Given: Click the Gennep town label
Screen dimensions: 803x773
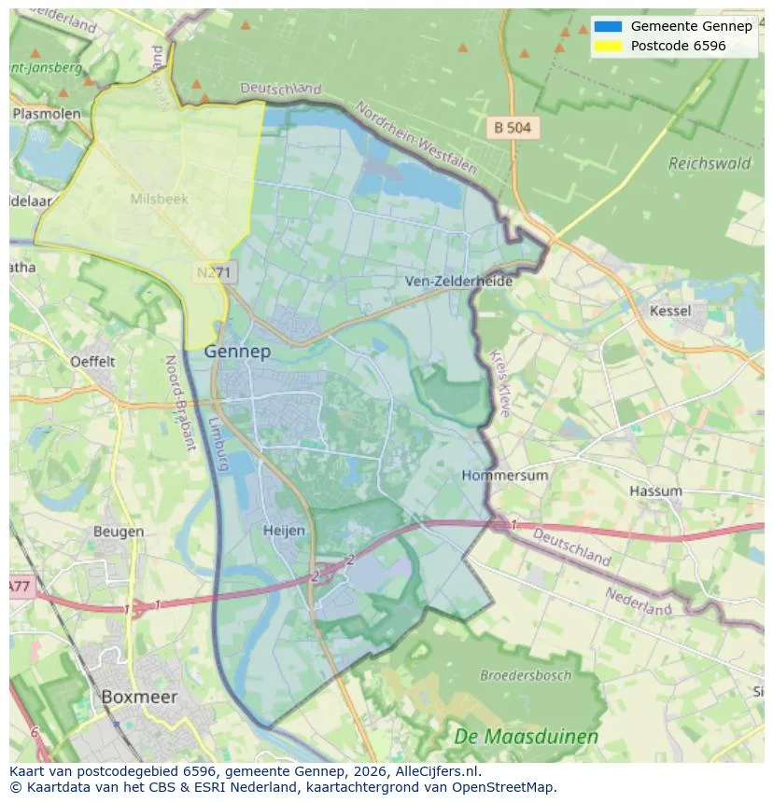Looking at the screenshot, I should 237,352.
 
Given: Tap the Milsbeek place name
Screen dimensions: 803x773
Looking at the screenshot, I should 159,199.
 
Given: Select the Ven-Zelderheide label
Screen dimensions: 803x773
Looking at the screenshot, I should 458,281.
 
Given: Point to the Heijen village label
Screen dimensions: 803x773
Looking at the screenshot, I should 284,531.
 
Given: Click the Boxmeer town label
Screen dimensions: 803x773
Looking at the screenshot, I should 138,697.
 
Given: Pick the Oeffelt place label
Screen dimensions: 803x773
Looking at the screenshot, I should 92,361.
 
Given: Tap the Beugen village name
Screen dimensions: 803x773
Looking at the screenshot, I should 119,532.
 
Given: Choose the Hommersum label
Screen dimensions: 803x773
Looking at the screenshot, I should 505,475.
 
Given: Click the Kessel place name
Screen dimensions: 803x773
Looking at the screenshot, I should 670,311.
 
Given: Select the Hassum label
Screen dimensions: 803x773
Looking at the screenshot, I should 655,491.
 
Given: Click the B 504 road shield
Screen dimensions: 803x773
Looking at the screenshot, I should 513,128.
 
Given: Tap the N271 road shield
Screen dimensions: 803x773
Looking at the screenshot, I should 217,272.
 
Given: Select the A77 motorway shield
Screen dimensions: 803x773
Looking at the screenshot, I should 21,587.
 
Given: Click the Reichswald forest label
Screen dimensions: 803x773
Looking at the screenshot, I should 710,163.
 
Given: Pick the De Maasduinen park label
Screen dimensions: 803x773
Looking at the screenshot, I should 526,737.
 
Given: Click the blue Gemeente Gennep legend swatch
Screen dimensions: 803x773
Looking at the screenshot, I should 607,26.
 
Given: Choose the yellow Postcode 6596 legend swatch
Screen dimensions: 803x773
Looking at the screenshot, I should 607,46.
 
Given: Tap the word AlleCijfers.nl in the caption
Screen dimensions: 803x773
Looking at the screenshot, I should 435,771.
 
